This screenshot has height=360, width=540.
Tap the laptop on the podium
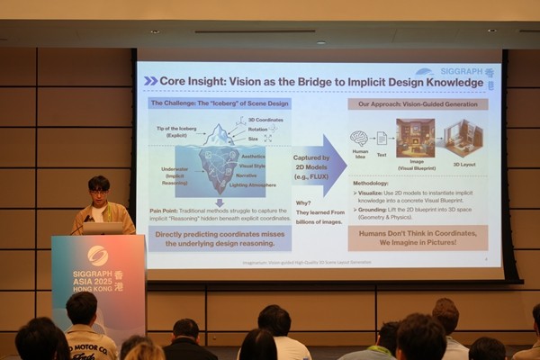click(103, 228)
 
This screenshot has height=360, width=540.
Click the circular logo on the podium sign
click(97, 255)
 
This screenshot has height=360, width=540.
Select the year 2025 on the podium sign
click(105, 280)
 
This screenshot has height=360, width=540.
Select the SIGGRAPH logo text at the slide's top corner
click(459, 72)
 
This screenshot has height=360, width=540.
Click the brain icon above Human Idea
click(359, 138)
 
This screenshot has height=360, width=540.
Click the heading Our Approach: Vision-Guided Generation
click(418, 104)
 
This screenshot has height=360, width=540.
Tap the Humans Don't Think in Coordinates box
click(418, 238)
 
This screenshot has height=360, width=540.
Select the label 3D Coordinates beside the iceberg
click(264, 120)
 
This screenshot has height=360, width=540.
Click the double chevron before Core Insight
click(150, 81)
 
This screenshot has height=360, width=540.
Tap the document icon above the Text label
click(382, 138)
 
